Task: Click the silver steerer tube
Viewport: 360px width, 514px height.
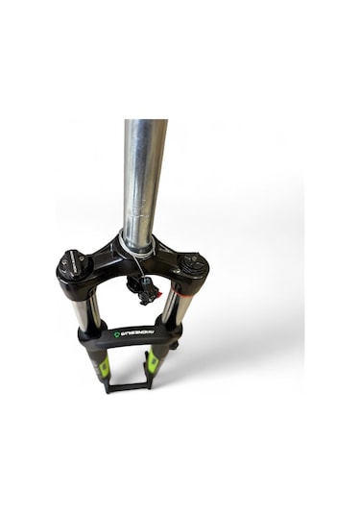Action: tap(142, 183)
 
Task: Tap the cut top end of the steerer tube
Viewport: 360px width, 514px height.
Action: tap(145, 123)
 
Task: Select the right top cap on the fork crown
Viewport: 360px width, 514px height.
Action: tap(192, 261)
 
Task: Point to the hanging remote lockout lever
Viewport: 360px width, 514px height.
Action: tap(144, 289)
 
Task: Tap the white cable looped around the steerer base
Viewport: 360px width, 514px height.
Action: tap(140, 252)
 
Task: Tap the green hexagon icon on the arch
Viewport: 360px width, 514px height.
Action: tap(117, 334)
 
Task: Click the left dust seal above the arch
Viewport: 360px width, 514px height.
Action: tap(91, 330)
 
